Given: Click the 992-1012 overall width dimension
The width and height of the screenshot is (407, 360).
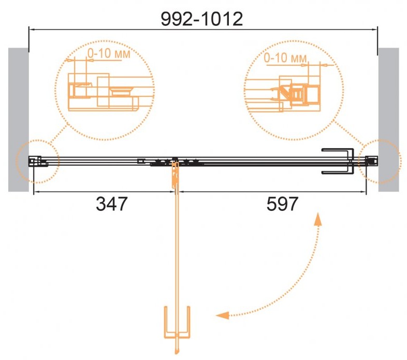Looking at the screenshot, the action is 201,19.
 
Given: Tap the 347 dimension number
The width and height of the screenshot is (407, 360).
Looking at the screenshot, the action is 112,204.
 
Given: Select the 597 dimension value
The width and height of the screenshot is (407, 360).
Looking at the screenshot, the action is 282,204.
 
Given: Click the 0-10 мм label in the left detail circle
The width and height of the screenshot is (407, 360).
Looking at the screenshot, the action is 109,53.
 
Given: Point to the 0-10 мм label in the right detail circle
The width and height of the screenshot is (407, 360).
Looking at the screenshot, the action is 285,57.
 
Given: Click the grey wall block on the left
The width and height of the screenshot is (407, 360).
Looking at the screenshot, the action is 19,120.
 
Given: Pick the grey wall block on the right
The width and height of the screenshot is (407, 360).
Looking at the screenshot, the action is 388,120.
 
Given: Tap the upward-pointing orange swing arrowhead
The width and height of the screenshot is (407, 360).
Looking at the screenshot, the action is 318,219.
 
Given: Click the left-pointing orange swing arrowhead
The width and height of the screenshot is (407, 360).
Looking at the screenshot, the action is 223,315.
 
